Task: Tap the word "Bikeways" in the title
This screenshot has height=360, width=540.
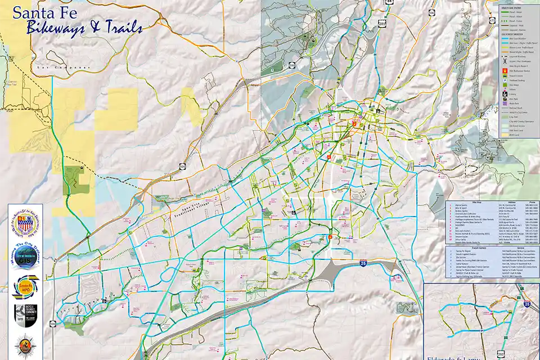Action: click(53, 28)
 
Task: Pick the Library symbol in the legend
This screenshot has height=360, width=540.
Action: click(505, 94)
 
